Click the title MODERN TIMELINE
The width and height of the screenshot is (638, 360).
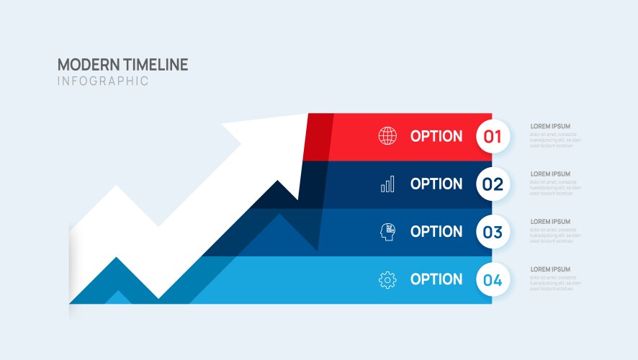coord(122,64)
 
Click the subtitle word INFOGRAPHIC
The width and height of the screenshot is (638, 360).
coord(103,81)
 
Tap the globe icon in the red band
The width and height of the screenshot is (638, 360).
coord(387,136)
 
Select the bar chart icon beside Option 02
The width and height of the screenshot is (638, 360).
coord(387,184)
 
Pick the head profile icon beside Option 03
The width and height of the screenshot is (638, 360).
coord(387,232)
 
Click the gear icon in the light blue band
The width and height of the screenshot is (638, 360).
coord(387,280)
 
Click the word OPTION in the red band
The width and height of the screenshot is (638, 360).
coord(436,136)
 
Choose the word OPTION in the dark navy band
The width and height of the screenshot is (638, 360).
coord(436,184)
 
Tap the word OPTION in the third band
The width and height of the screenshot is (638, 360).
coord(436,231)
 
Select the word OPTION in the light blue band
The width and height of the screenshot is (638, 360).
coord(436,279)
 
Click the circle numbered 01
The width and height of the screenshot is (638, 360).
coord(493,137)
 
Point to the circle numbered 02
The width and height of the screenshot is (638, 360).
coord(493,184)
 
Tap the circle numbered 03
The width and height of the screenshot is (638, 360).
coord(493,232)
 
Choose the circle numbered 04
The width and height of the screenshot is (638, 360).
coord(493,280)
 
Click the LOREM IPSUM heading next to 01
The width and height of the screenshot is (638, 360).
coord(550,126)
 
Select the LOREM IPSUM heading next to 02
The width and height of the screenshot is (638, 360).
coord(550,174)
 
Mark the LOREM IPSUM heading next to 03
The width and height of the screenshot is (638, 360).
coord(550,221)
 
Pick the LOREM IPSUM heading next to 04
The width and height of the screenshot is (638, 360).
coord(550,269)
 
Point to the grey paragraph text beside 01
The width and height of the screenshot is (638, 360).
coord(554,140)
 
